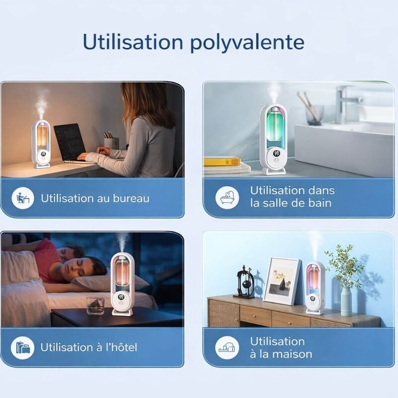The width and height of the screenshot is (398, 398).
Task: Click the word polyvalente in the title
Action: [247, 42]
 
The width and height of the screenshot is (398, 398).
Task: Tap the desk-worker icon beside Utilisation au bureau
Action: [23, 198]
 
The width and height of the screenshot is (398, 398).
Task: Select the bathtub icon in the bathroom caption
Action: [227, 198]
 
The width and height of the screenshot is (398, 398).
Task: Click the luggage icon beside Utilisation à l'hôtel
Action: [22, 347]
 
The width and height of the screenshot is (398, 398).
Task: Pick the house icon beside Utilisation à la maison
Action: [227, 347]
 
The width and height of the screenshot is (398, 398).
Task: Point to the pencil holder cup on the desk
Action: [111, 144]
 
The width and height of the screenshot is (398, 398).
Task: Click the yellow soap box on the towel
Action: [222, 161]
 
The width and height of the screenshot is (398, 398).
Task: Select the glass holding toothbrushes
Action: [314, 115]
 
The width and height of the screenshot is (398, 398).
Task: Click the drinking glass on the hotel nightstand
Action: [95, 305]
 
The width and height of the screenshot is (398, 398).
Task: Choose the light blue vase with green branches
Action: [346, 301]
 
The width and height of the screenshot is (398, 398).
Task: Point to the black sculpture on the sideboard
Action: [245, 282]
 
